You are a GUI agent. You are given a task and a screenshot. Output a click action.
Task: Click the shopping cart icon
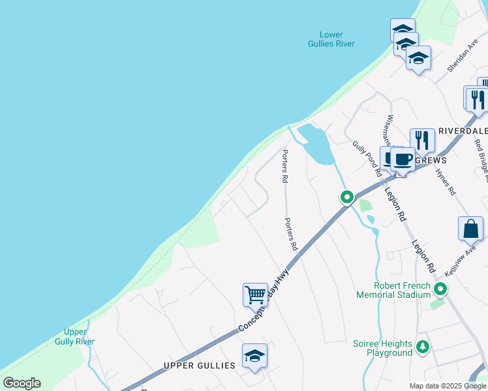[x=255, y=295]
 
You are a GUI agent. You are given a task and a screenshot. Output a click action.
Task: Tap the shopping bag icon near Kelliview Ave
[x=470, y=229]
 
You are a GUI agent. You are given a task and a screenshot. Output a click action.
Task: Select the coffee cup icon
[x=403, y=158]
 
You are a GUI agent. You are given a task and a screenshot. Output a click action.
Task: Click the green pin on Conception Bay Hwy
[x=347, y=196]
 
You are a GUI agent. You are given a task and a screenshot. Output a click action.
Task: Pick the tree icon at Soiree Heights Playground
[x=423, y=347]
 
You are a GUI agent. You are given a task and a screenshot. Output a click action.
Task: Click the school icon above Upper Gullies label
[x=254, y=356]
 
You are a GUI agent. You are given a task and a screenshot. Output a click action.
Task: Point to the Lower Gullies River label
[x=331, y=39]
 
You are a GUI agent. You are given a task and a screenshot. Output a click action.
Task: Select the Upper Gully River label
[x=74, y=337]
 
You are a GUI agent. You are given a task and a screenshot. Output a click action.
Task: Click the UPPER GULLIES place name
[x=199, y=366]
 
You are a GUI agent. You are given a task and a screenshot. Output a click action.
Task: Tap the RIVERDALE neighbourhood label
[x=463, y=130]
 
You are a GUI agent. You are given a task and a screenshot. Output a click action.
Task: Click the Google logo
[x=22, y=383]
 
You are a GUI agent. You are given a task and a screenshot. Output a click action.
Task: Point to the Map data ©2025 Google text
[x=448, y=386]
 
